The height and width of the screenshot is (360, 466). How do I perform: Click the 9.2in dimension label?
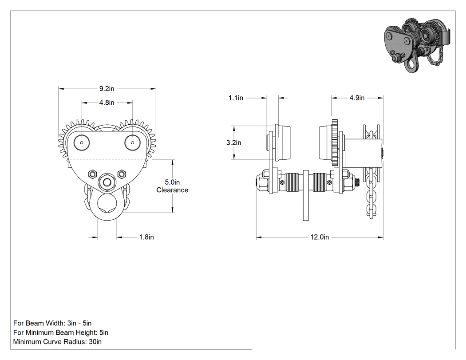tap(107, 89)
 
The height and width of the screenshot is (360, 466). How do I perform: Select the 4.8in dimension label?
tap(107, 103)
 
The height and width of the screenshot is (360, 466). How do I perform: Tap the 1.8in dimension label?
tap(146, 237)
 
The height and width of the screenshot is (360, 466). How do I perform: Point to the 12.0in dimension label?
tap(320, 237)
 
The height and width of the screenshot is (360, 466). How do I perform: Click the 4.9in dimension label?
tap(357, 98)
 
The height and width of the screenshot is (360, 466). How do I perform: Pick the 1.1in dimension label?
tap(236, 98)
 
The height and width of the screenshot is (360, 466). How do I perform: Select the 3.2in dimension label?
tap(233, 142)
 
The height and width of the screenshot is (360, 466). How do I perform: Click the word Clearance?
tap(172, 190)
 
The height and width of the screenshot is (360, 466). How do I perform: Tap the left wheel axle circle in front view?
tap(82, 143)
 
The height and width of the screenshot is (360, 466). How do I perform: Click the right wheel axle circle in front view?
tap(133, 143)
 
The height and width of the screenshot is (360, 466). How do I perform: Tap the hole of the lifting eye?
tap(107, 203)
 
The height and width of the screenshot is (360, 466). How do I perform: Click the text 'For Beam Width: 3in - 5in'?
tap(52, 323)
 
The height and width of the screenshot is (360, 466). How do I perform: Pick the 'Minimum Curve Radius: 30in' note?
tap(57, 341)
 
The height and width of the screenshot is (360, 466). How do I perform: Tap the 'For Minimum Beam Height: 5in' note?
tap(61, 332)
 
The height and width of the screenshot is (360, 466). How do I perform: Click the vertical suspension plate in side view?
tap(306, 196)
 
